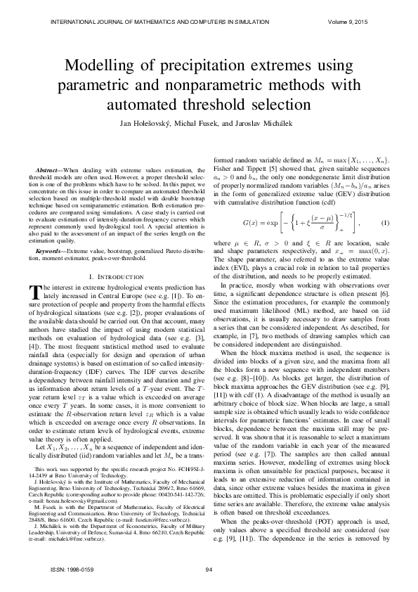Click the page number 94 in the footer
pyautogui.click(x=209, y=570)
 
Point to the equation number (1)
pyautogui.click(x=384, y=243)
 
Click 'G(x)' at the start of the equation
pyautogui.click(x=251, y=243)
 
